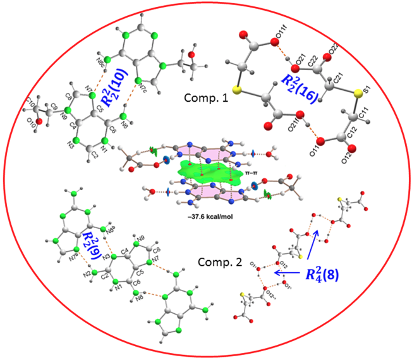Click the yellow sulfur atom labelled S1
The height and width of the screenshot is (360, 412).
358,94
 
